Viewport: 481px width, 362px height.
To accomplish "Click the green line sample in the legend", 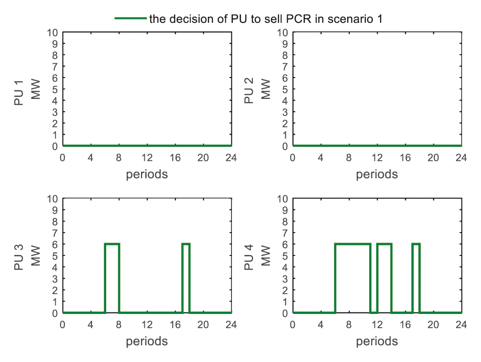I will pyautogui.click(x=130, y=19).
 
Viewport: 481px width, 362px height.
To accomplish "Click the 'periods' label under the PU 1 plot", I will pyautogui.click(x=147, y=174).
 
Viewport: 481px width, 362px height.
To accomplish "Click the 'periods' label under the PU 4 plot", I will pyautogui.click(x=377, y=341).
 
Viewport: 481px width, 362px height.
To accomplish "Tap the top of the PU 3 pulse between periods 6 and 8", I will pyautogui.click(x=112, y=244).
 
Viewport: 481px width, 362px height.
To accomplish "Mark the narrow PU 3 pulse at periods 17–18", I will pyautogui.click(x=186, y=244).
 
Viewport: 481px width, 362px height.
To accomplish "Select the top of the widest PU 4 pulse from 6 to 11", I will pyautogui.click(x=352, y=244).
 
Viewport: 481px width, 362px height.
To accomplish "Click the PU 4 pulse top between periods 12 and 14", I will pyautogui.click(x=384, y=244).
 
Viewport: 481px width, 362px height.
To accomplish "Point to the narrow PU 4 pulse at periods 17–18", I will pyautogui.click(x=416, y=244).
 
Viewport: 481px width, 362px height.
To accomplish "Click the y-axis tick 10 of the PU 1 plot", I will pyautogui.click(x=53, y=33).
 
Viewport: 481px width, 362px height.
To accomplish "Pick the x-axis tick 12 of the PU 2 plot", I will pyautogui.click(x=377, y=157).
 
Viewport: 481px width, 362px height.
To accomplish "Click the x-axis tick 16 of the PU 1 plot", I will pyautogui.click(x=175, y=157).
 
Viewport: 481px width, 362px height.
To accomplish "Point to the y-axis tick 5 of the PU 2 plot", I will pyautogui.click(x=286, y=89).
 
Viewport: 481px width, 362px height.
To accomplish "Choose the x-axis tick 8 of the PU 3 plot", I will pyautogui.click(x=119, y=324).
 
